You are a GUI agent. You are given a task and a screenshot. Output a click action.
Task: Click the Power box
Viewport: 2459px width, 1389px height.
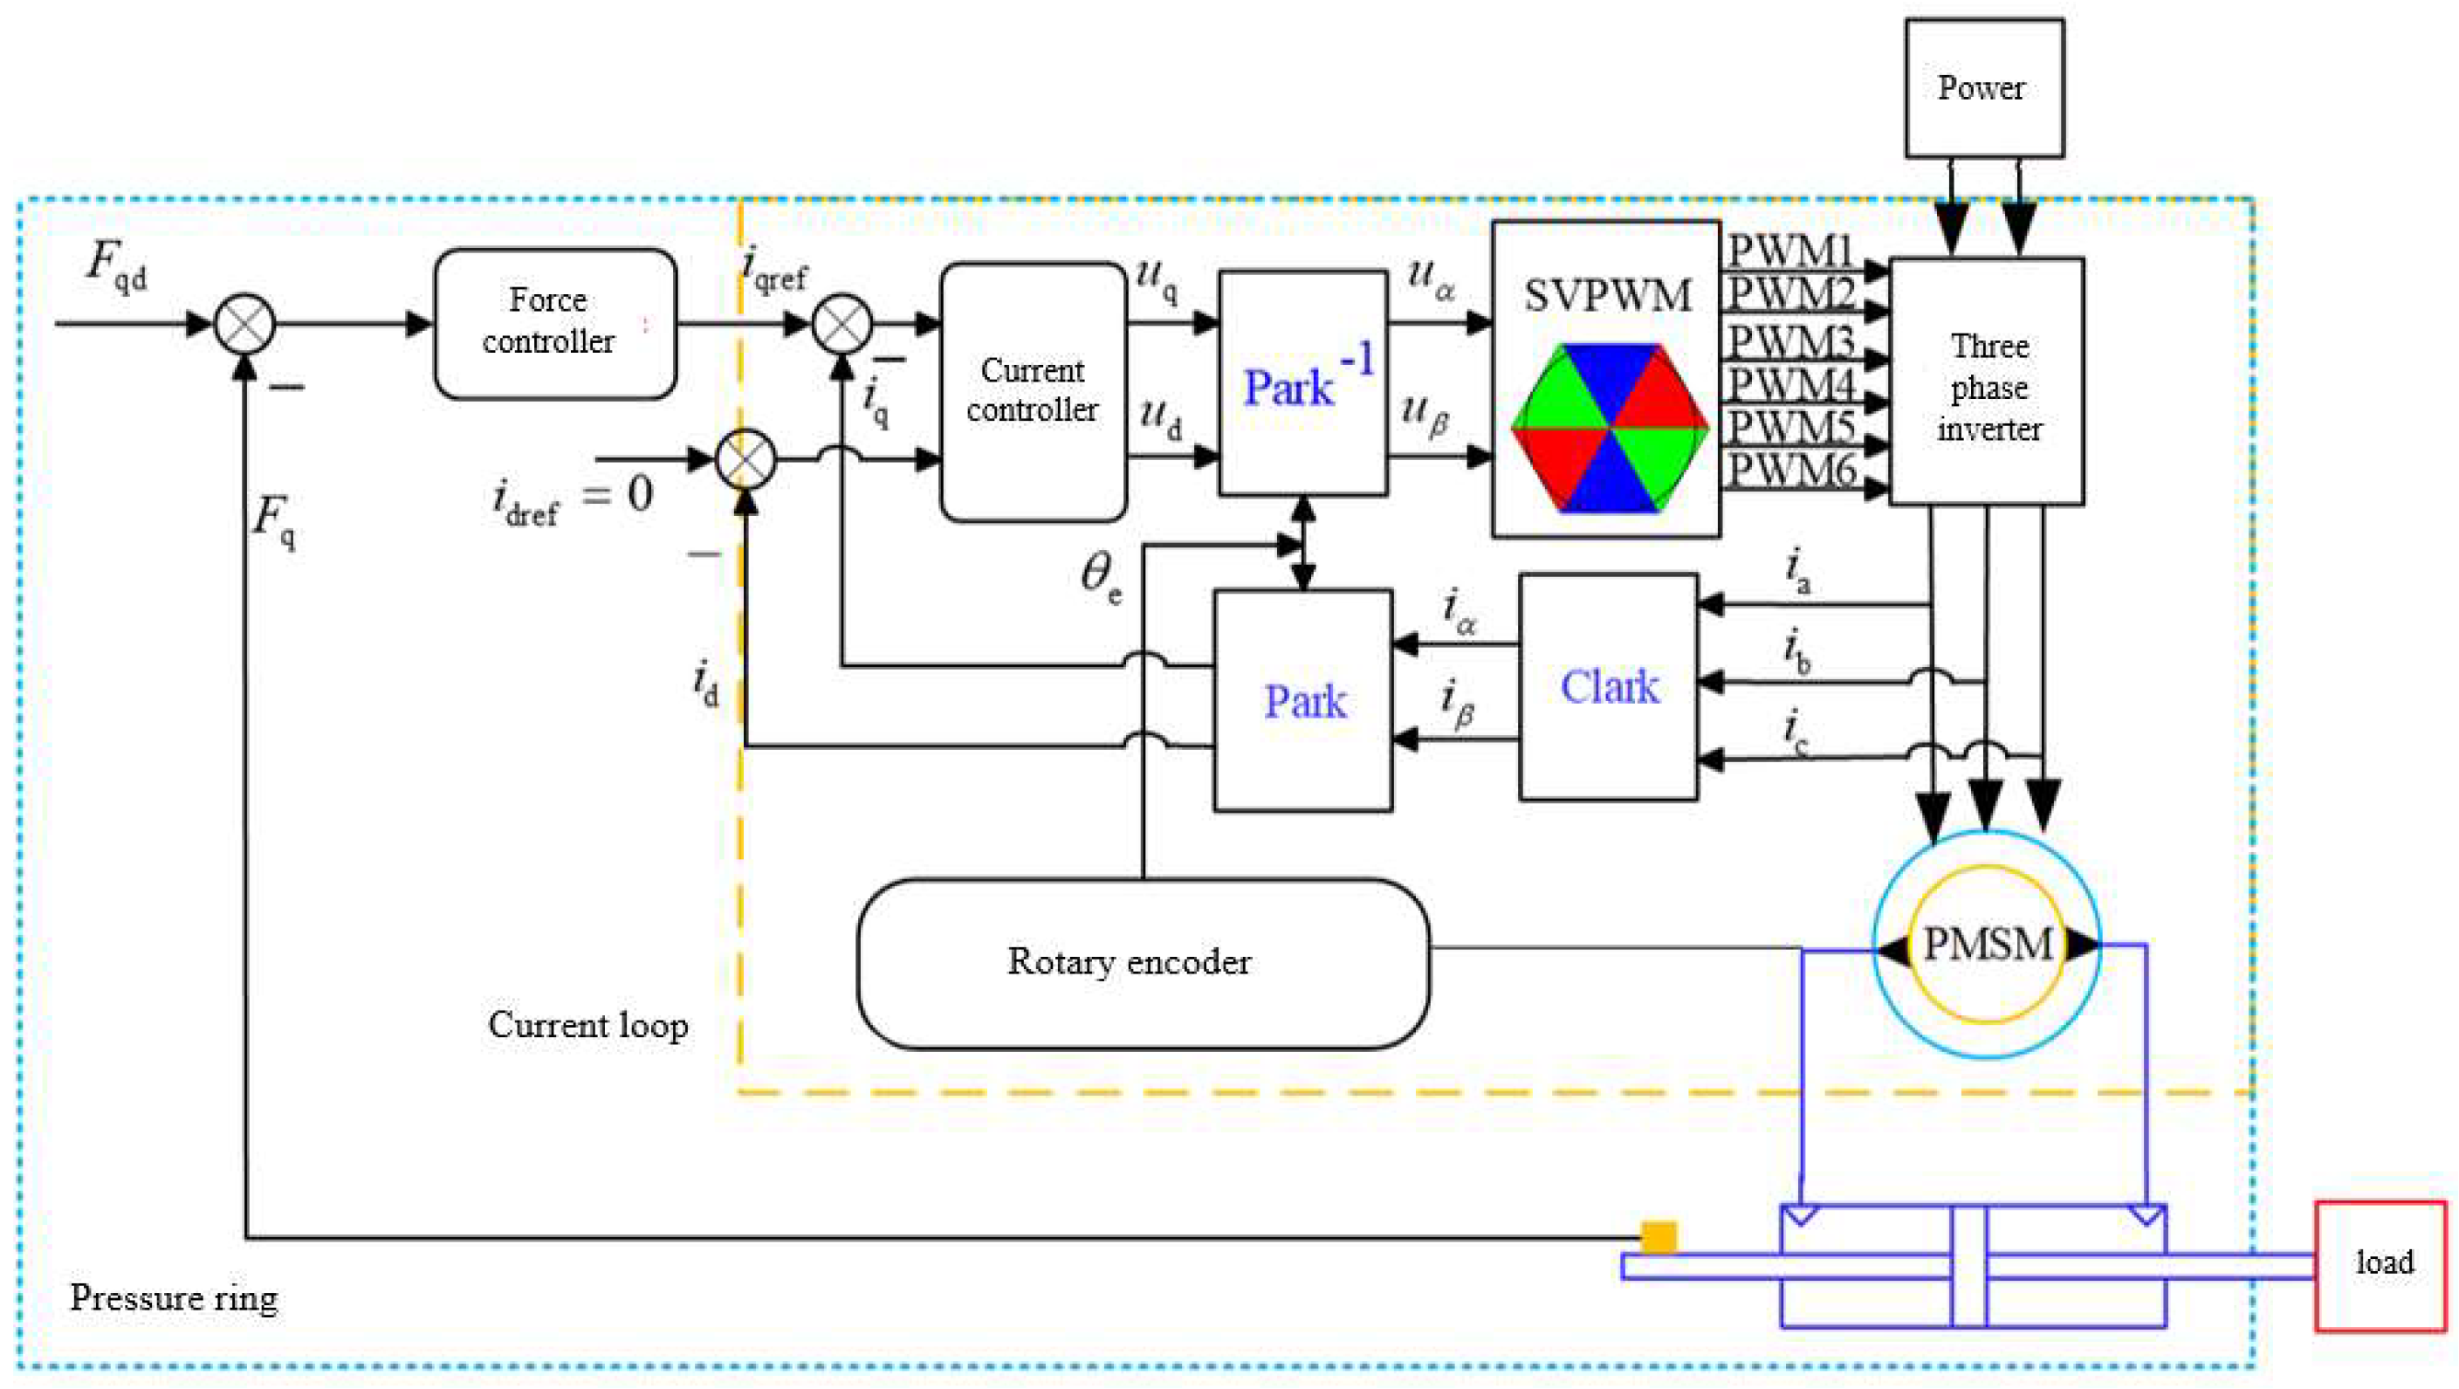(x=1983, y=88)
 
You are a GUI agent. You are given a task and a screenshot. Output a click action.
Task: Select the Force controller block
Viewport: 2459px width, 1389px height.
(x=554, y=323)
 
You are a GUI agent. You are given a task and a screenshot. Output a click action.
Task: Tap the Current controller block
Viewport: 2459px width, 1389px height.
(x=1033, y=391)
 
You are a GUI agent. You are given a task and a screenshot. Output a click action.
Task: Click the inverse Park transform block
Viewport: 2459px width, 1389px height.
(x=1303, y=384)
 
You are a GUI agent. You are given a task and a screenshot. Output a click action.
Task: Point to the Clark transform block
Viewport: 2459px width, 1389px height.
(x=1609, y=686)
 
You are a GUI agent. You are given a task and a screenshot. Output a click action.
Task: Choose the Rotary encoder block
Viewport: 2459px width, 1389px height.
(x=1143, y=962)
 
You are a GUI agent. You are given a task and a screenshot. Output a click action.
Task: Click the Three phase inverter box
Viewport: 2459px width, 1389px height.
(x=1987, y=382)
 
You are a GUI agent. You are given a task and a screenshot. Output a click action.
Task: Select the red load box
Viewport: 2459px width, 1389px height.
(x=2380, y=1264)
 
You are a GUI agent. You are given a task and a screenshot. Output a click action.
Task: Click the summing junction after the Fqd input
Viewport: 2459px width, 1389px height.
(x=244, y=324)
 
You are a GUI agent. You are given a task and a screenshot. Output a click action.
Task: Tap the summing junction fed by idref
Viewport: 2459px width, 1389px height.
(x=745, y=459)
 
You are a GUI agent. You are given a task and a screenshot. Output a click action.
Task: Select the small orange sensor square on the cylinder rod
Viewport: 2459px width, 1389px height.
(x=1659, y=1237)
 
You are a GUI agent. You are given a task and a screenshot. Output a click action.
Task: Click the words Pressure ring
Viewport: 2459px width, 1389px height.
(x=174, y=1298)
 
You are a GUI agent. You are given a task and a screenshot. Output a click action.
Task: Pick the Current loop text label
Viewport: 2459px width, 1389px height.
(x=588, y=1025)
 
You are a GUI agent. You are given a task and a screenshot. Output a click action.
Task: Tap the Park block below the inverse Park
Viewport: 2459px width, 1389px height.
(x=1303, y=701)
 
